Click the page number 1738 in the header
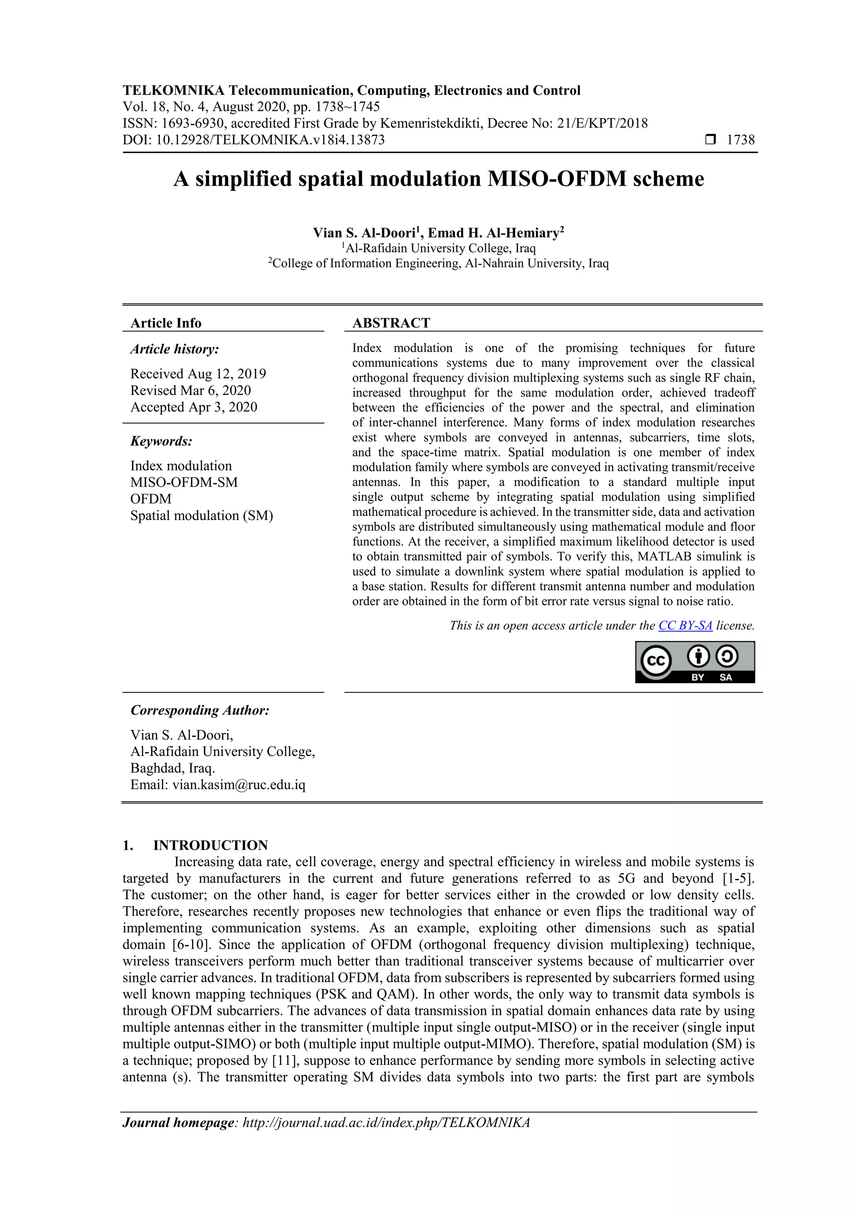740,140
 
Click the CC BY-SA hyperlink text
685,625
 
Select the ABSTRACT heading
391,323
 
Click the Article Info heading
166,323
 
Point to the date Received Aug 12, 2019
198,374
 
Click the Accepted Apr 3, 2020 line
194,407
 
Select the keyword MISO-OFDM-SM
184,482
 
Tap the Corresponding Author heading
200,710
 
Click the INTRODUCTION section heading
210,845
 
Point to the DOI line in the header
254,140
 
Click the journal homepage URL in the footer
385,1122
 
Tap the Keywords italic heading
161,441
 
